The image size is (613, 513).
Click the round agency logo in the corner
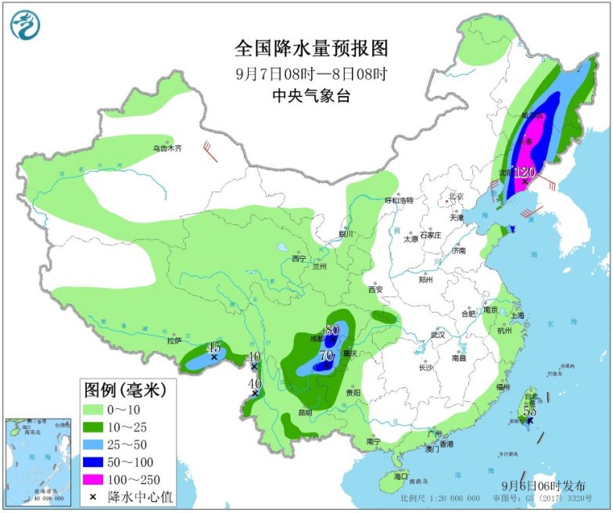[26, 25]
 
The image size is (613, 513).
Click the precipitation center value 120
[524, 171]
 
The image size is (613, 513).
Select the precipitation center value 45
[213, 347]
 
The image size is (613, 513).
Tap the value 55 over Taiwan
[529, 411]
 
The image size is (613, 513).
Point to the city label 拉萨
[173, 341]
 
